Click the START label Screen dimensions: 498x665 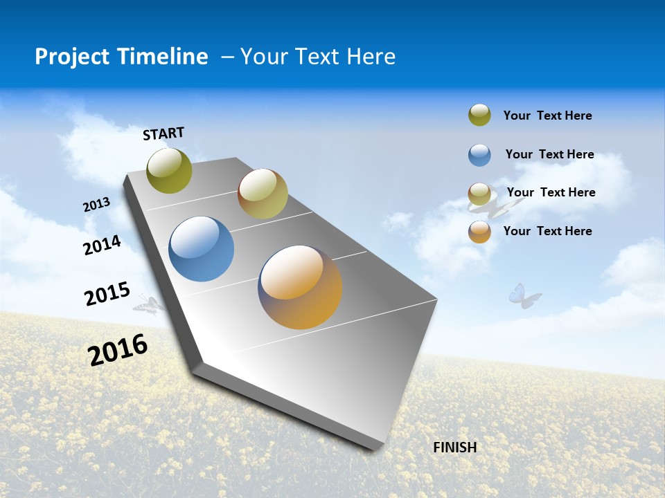click(163, 133)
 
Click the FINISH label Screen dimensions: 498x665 click(455, 448)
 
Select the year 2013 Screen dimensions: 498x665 click(96, 205)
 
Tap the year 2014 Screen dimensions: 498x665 click(102, 245)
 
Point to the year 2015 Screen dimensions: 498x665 click(107, 294)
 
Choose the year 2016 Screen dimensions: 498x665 click(118, 349)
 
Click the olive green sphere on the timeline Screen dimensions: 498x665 click(169, 170)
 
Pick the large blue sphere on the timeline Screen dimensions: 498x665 click(202, 249)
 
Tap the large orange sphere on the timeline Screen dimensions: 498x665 click(300, 287)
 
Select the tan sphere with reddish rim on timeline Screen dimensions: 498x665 click(263, 194)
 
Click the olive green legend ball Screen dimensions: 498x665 click(479, 116)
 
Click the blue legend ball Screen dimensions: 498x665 click(479, 155)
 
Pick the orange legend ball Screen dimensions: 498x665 click(479, 232)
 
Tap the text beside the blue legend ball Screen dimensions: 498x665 click(549, 154)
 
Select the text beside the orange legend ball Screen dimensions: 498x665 click(547, 231)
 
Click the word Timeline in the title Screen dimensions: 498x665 click(168, 57)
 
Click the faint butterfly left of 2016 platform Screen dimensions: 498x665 click(148, 304)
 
